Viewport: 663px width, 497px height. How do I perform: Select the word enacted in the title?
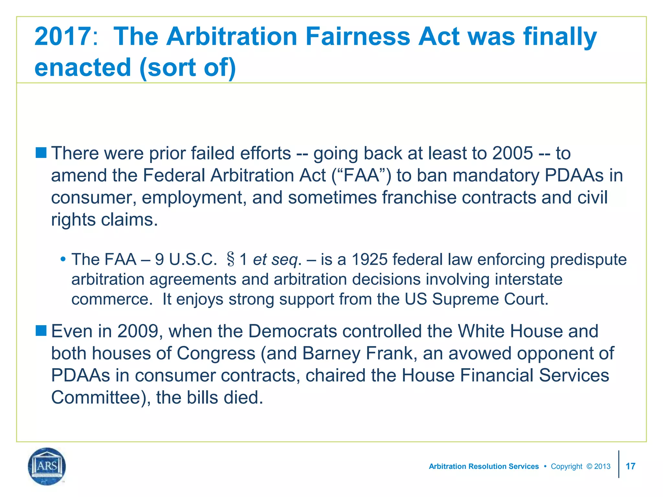[x=83, y=67]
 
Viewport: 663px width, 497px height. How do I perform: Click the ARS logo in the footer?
[x=47, y=466]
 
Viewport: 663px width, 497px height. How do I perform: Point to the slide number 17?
[x=630, y=466]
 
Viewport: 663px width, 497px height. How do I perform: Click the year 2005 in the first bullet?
[x=512, y=153]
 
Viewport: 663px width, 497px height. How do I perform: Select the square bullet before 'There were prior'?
[x=41, y=152]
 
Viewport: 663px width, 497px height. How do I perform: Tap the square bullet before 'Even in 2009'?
[x=41, y=331]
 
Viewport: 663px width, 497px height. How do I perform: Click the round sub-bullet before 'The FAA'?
[x=63, y=259]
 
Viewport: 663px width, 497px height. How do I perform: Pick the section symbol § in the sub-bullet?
[x=230, y=260]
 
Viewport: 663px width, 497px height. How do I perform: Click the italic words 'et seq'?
[x=275, y=260]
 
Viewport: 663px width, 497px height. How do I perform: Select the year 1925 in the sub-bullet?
[x=369, y=260]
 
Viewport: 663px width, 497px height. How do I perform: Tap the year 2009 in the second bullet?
[x=138, y=331]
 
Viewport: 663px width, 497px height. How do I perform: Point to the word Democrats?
[x=293, y=331]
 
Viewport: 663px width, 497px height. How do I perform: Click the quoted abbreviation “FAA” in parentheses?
[x=361, y=175]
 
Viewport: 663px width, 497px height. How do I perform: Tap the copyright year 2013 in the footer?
[x=602, y=466]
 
